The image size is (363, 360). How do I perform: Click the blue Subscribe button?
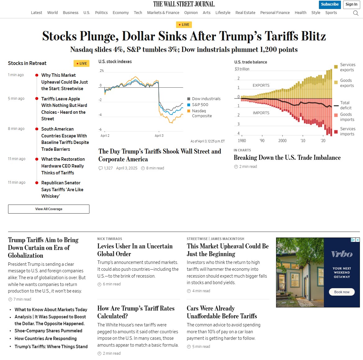pos(330,4)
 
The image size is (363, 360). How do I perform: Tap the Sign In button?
pos(352,4)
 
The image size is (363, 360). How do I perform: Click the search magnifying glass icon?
pos(356,13)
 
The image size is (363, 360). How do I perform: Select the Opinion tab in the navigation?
pos(191,13)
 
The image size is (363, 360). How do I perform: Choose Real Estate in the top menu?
pos(245,13)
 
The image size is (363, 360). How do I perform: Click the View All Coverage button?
pos(49,209)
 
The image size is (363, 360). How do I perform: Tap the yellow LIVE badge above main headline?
pos(184,25)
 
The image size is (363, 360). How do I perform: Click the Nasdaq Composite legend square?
pos(189,111)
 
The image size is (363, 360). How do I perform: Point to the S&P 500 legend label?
pos(200,105)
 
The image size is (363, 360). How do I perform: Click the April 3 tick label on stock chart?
pos(159,136)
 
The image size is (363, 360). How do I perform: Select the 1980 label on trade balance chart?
pos(242,141)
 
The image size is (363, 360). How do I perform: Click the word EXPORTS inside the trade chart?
pos(261,85)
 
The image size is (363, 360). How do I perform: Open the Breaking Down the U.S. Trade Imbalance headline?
pos(287,158)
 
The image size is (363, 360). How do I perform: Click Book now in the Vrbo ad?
pos(342,292)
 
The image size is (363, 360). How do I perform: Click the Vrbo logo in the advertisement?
pos(342,254)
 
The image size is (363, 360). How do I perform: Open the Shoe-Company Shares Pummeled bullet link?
pos(48,331)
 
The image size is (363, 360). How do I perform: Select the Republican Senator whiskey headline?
pos(62,190)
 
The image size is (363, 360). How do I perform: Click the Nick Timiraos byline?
pos(110,239)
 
